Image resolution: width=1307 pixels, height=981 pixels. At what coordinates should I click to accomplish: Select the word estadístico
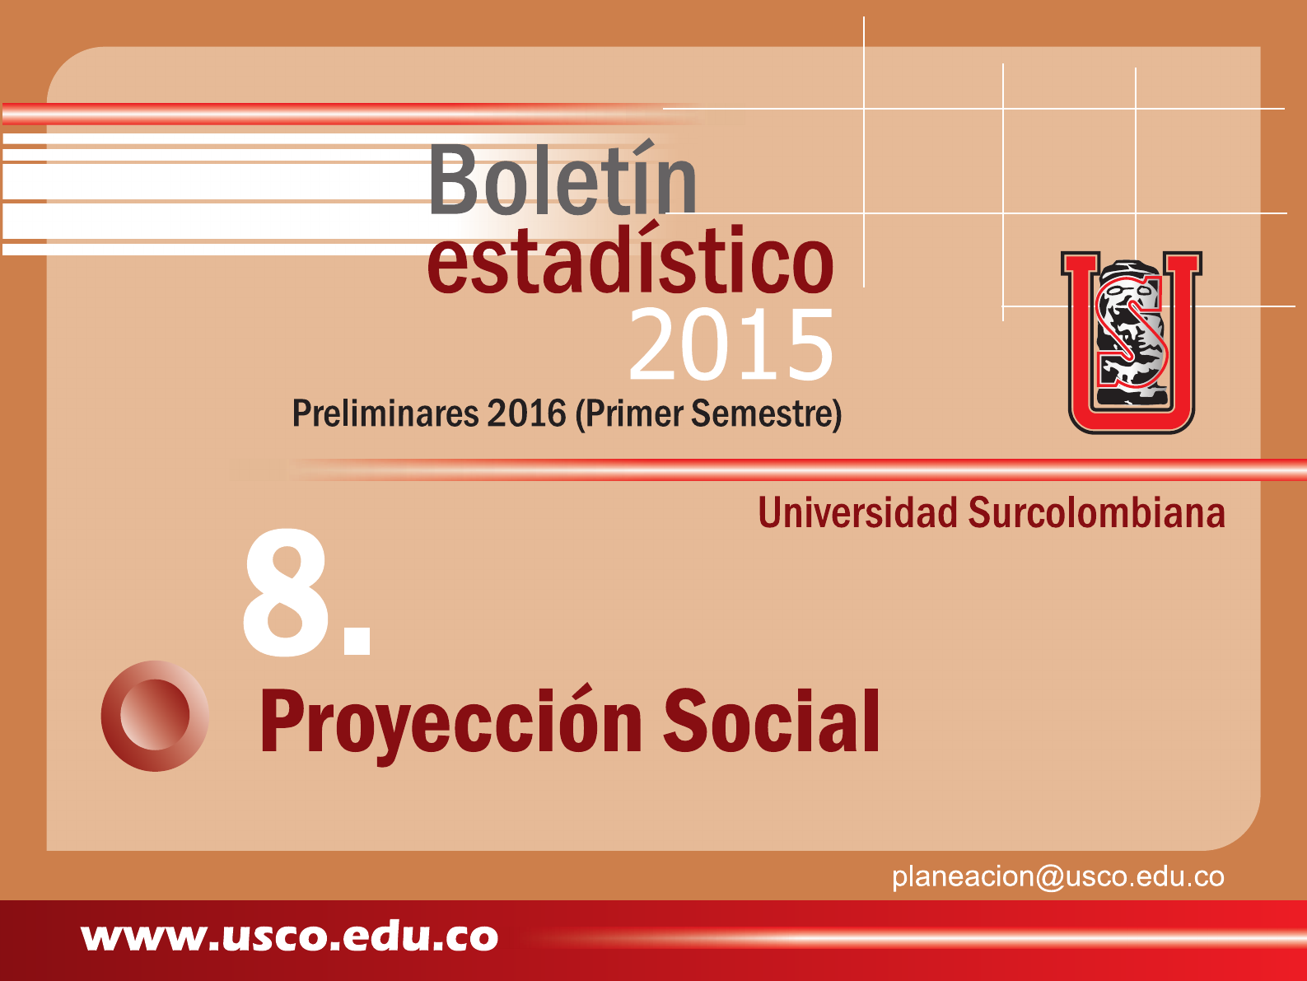(631, 259)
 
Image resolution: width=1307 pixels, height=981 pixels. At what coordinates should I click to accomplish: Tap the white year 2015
(731, 344)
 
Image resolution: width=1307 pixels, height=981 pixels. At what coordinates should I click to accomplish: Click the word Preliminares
(385, 413)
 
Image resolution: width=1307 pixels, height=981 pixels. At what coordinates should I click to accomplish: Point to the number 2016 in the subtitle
(526, 413)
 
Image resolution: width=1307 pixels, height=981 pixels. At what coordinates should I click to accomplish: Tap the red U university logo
(1132, 343)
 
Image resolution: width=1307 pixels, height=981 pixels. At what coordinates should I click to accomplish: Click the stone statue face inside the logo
(1130, 334)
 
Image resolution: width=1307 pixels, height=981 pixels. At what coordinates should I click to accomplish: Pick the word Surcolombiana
(1096, 512)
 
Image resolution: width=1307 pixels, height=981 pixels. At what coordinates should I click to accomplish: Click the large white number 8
(285, 592)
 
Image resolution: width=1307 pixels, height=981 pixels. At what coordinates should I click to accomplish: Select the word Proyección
(451, 722)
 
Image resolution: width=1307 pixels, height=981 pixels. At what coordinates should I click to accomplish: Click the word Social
(771, 721)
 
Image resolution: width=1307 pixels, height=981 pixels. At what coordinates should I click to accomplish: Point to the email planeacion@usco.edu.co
(1058, 877)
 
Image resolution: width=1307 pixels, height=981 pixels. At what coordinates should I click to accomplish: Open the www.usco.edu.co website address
(289, 937)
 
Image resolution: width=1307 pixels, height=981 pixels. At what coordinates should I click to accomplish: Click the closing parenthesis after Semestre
(837, 414)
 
